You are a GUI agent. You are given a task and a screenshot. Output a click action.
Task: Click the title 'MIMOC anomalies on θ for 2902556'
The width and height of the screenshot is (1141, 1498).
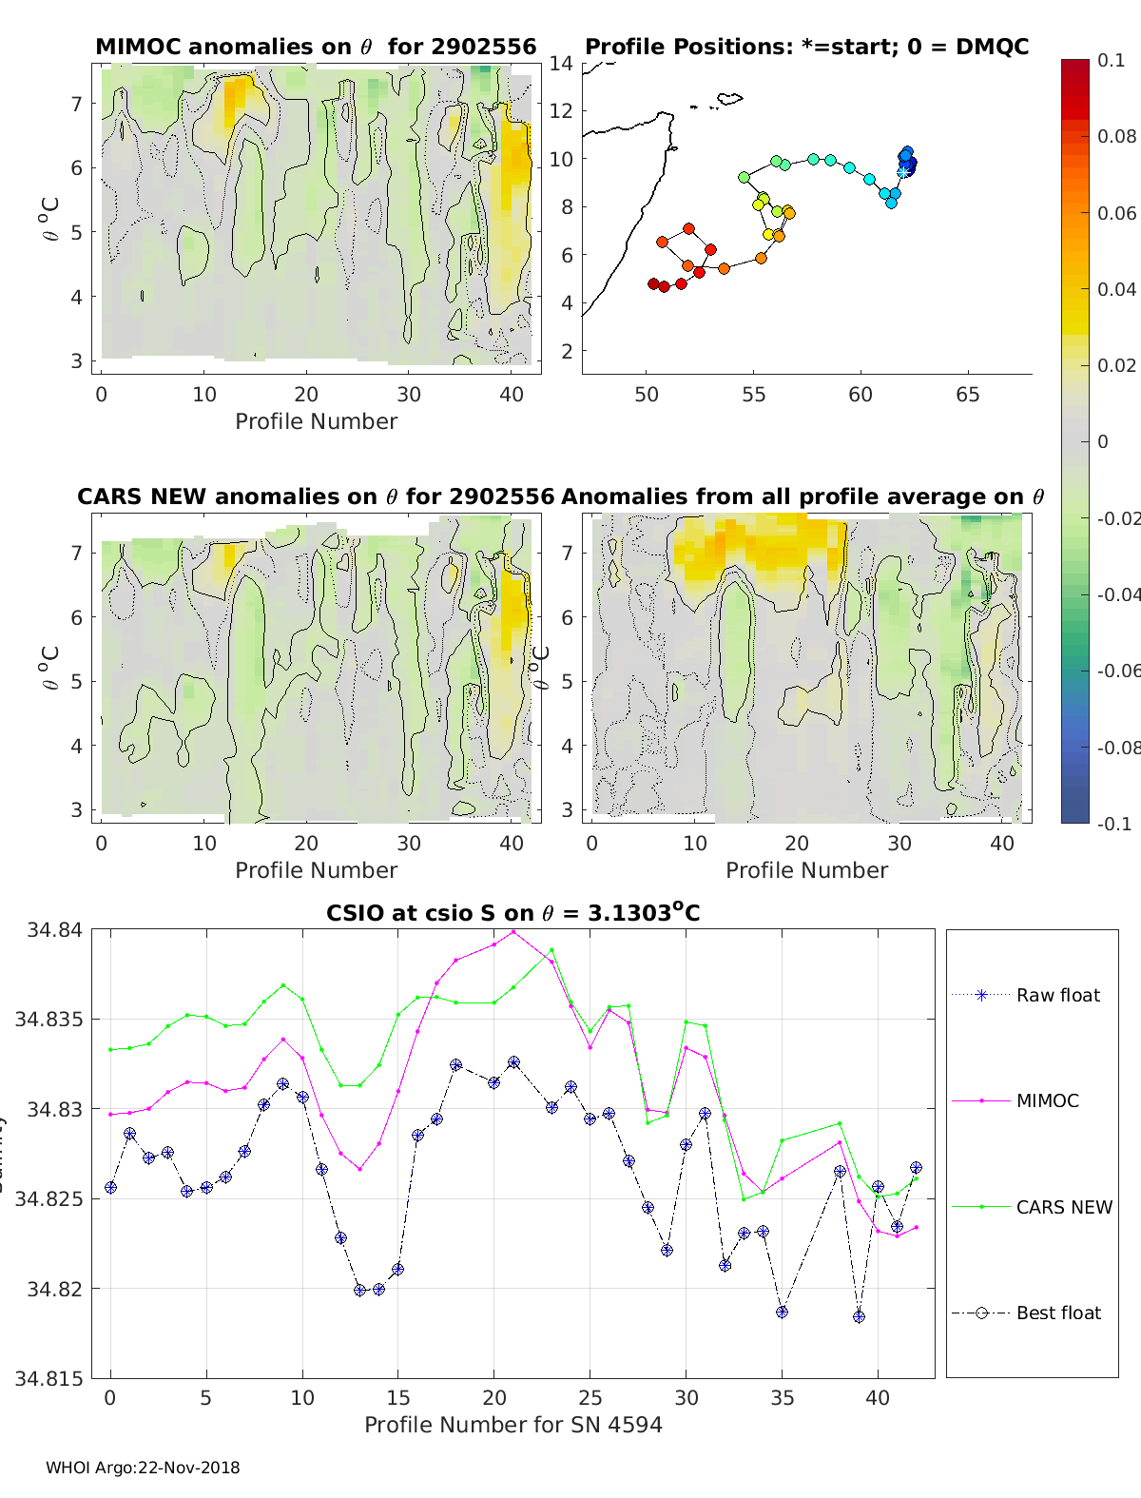pos(316,47)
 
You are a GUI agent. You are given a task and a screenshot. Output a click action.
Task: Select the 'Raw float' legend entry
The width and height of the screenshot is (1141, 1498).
pos(1057,995)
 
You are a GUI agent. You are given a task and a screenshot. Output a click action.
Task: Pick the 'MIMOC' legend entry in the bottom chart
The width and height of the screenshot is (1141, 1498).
pos(1047,1100)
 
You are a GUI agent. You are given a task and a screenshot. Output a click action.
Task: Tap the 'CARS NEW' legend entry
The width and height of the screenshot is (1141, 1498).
pos(1063,1207)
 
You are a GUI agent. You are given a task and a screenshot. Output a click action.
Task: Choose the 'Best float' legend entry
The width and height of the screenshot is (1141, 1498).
pos(1057,1313)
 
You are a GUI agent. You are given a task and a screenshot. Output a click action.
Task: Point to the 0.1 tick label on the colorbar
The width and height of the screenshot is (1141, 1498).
pos(1111,60)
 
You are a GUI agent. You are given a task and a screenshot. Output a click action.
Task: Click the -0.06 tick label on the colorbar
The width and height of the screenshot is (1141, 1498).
pos(1118,671)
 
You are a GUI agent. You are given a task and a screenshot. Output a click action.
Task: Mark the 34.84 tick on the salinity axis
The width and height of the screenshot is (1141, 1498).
pos(55,930)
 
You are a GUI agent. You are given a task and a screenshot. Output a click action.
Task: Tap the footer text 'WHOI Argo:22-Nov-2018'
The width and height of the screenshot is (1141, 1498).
pos(143,1468)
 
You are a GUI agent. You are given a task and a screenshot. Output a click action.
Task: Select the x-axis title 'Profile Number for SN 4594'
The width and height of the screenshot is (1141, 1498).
pos(512,1424)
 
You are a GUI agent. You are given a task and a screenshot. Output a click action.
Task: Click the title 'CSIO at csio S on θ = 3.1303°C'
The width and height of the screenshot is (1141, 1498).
pos(512,913)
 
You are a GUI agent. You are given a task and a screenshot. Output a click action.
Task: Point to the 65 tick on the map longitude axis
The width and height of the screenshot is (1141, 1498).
pos(967,395)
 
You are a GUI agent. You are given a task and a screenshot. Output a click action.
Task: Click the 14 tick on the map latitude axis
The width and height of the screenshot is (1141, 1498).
pos(561,64)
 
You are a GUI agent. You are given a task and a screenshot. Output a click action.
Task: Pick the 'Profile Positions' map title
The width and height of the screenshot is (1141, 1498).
pos(806,47)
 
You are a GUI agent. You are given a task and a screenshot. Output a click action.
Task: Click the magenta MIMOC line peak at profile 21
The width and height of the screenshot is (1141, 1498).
pos(513,932)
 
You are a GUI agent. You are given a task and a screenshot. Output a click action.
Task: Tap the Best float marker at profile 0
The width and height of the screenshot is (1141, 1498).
pos(110,1187)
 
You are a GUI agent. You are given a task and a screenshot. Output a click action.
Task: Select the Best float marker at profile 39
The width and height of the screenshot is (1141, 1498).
pos(859,1316)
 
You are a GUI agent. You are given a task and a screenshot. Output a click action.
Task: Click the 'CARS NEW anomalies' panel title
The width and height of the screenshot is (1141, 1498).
pos(316,496)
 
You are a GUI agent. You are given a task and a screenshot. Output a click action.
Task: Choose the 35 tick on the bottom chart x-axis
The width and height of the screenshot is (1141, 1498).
pos(782,1398)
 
